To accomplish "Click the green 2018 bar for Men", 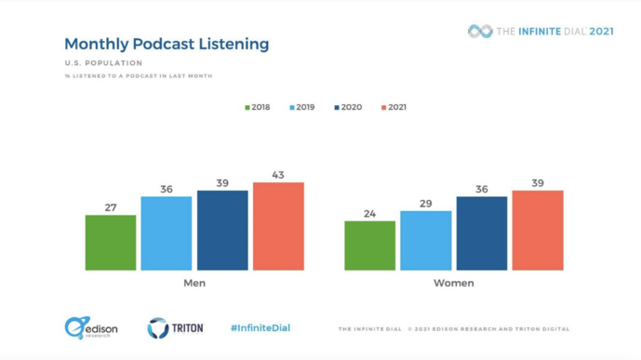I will coord(111,243).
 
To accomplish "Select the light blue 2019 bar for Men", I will coord(167,233).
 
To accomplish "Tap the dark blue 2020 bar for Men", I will coord(222,231).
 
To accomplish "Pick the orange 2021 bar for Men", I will coord(278,226).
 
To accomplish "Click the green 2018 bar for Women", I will coord(369,246).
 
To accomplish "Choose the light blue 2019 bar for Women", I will coord(425,241).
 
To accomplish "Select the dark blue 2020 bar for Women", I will coord(481,233).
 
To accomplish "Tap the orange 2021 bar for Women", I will coord(538,231).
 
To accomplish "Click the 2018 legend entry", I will coord(258,107).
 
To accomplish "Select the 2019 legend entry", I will coord(302,107).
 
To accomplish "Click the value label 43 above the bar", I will coord(278,175).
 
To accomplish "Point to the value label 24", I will coord(369,214).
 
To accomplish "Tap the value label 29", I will coord(425,204).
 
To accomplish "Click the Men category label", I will coord(194,283).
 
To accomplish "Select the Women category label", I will coord(453,283).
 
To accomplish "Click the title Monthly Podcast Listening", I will coord(167,44).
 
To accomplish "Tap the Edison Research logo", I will coord(90,327).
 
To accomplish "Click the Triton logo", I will coord(175,327).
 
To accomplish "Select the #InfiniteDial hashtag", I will coord(260,327).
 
